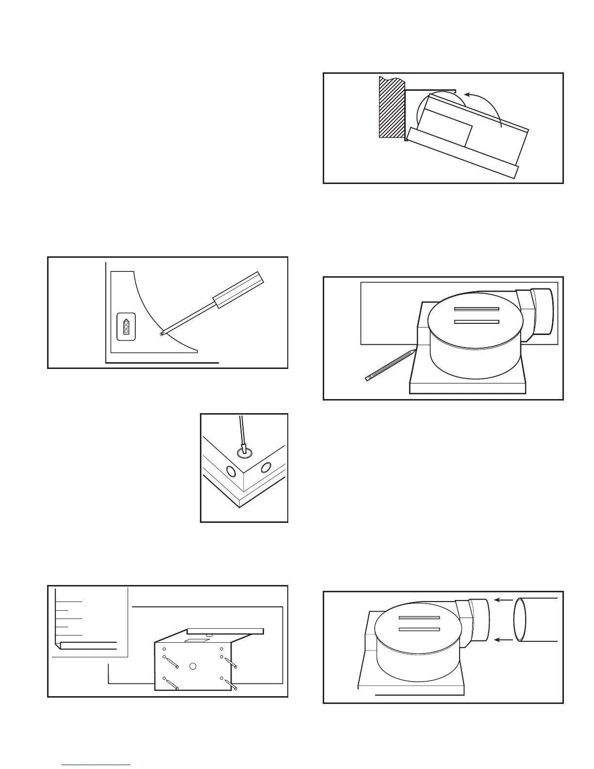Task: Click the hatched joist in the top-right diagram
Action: (392, 107)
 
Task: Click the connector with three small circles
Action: (126, 327)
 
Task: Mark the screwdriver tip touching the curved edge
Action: (162, 334)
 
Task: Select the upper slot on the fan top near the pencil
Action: (476, 309)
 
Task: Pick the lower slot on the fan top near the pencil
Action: (476, 321)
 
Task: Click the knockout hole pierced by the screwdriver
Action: (245, 452)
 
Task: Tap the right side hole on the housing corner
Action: (265, 468)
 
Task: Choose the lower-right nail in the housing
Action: (229, 683)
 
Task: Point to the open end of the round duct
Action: (520, 620)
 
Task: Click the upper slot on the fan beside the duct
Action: (419, 618)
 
